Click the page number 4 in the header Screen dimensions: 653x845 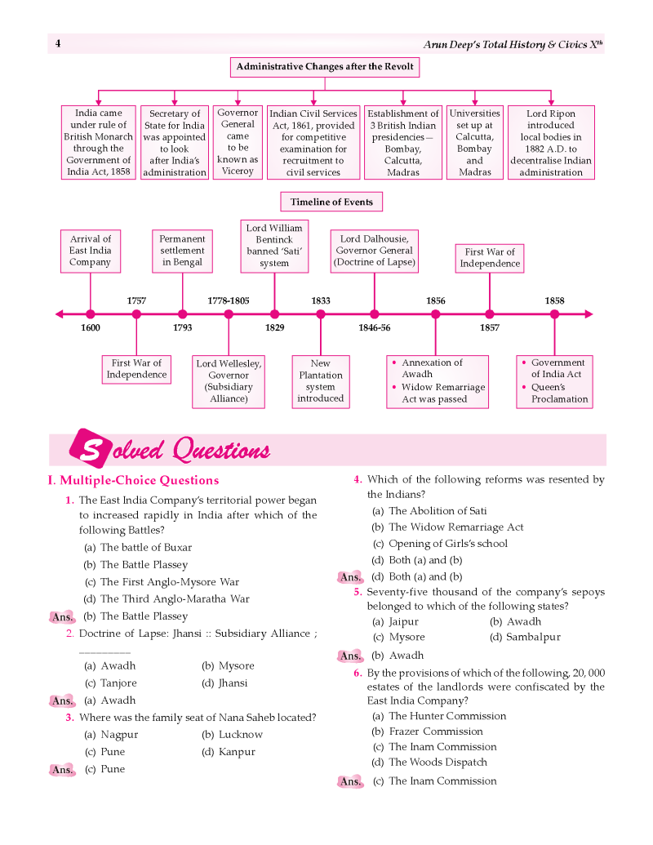pos(58,43)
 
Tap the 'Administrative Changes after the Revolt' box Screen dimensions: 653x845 pos(325,67)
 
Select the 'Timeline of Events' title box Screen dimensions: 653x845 pos(331,202)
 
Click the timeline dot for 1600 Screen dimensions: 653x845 pos(91,314)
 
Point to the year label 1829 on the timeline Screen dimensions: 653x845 pos(275,327)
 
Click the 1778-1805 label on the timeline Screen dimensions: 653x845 pos(229,300)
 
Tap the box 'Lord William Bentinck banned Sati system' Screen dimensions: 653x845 pos(274,246)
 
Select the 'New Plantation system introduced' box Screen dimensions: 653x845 pos(321,381)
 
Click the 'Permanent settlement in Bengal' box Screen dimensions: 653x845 pos(182,251)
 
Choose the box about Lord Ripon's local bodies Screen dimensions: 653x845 pos(551,142)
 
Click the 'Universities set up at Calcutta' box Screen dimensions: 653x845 pos(475,142)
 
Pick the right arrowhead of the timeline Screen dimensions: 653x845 pos(589,314)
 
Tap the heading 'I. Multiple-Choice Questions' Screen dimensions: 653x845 pos(134,480)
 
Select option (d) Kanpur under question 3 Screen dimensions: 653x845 pos(229,752)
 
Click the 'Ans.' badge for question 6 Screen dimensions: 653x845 pos(350,781)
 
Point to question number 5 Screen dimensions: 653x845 pos(358,592)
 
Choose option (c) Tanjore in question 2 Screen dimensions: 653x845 pos(110,683)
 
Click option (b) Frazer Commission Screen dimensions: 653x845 pos(427,732)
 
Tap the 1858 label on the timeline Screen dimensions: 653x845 pos(554,300)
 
